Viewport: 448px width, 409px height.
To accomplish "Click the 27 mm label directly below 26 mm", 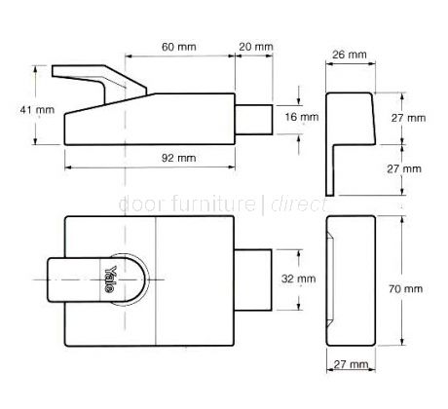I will [x=408, y=117].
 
